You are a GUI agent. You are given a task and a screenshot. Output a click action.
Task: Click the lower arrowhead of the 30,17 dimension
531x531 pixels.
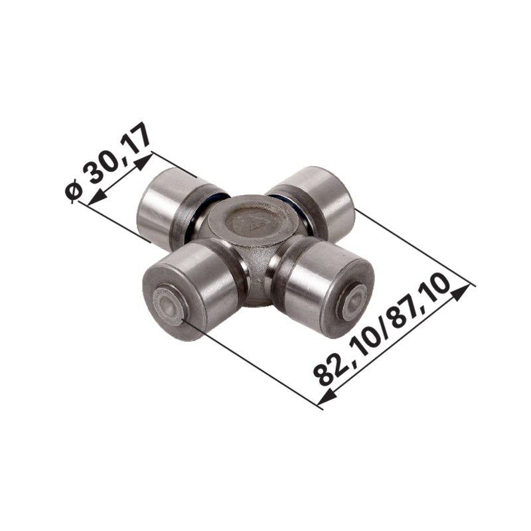[96, 198]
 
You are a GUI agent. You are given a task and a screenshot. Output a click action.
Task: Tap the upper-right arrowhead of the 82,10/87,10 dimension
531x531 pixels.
[461, 293]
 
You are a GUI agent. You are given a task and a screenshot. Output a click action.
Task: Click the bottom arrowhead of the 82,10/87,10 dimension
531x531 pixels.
[327, 397]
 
